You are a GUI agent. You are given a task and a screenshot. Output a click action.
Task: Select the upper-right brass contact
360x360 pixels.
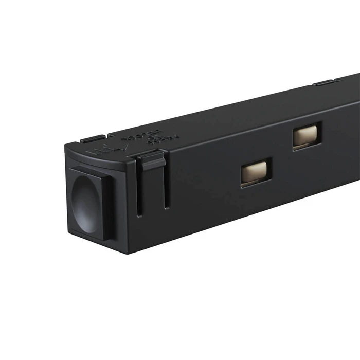(307, 136)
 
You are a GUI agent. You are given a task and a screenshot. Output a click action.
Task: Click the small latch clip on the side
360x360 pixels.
(153, 161)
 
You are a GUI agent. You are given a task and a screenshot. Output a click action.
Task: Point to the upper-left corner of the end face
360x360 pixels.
(65, 146)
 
